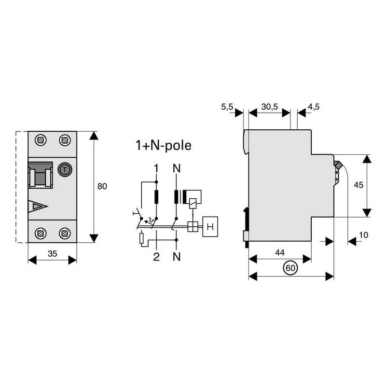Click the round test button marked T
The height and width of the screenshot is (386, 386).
[65, 170]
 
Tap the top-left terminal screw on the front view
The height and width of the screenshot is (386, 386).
[41, 140]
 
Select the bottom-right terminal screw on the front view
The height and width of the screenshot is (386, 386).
[65, 233]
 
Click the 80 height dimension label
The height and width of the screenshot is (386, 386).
[102, 186]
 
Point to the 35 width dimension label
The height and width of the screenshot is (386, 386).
[53, 254]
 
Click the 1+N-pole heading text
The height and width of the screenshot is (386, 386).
[164, 145]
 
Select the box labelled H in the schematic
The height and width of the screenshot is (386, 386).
[210, 226]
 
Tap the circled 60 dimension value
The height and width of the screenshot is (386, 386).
[290, 268]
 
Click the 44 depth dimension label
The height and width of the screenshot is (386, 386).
[280, 252]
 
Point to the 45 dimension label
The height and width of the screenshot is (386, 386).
[358, 185]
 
